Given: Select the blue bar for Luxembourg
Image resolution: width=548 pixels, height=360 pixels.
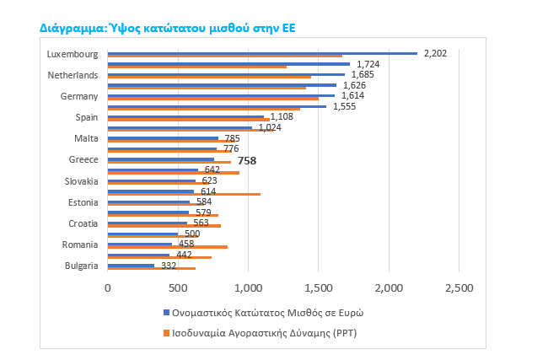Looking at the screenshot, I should tap(261, 53).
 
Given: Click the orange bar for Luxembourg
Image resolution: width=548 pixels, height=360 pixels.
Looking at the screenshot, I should tap(224, 56).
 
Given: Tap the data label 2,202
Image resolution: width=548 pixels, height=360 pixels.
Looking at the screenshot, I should tap(434, 53).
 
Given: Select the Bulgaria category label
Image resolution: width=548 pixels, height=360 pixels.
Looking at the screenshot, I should tap(82, 266).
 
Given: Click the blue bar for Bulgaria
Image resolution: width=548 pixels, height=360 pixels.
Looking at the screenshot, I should tap(131, 266).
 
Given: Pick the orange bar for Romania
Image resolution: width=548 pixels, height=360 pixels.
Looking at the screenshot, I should tap(167, 247).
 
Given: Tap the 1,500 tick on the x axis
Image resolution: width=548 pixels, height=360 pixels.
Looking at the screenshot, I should tap(318, 288).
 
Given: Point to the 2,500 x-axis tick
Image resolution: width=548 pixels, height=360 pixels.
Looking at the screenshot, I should tap(459, 288).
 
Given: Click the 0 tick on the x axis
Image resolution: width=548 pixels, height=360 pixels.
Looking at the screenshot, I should tap(107, 288).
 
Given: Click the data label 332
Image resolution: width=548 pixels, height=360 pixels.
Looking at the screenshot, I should tap(169, 266).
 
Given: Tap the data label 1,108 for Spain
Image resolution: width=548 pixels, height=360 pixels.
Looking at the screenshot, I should tap(282, 116).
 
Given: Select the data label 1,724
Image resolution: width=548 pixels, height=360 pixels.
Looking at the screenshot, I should tap(368, 64).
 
